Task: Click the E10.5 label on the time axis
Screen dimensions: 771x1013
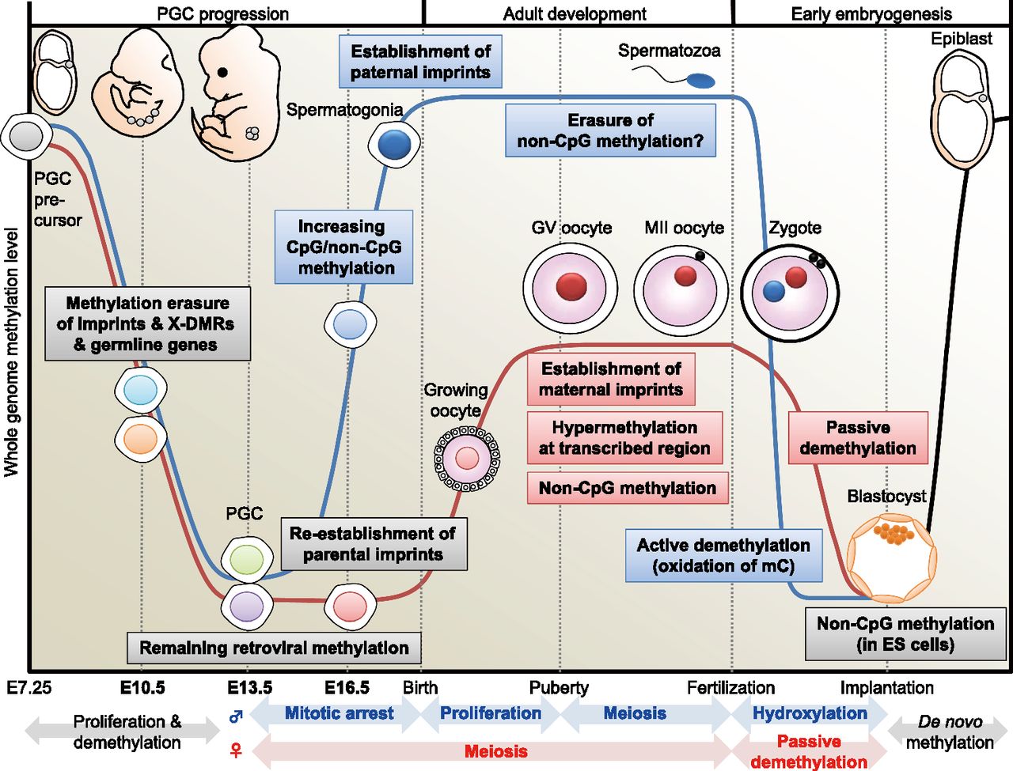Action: (x=142, y=687)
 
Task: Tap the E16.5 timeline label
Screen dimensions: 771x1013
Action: (x=347, y=687)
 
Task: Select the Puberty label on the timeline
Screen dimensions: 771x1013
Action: (x=559, y=687)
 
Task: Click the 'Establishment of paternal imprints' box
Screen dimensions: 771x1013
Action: (x=420, y=62)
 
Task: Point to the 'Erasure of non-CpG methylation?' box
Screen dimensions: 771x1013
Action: (x=610, y=130)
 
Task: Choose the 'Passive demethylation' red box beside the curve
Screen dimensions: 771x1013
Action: (x=858, y=438)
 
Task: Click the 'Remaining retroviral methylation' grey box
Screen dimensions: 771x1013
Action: (x=274, y=648)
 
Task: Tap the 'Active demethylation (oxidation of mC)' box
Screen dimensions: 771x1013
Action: (x=723, y=555)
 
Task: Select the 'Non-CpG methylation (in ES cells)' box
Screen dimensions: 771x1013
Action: (x=905, y=634)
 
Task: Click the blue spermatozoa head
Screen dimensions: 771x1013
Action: (x=700, y=81)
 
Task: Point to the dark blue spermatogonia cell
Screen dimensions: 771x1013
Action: (x=394, y=145)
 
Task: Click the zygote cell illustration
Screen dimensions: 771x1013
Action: (x=789, y=293)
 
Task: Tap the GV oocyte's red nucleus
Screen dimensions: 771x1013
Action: (x=571, y=286)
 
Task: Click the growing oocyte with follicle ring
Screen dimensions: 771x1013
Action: (x=467, y=458)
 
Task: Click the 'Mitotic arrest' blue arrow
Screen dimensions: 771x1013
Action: (x=339, y=713)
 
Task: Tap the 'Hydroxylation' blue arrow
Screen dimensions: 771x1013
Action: (x=809, y=713)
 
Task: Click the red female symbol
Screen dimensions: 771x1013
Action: (x=235, y=750)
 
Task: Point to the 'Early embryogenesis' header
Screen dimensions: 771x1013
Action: (x=871, y=13)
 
